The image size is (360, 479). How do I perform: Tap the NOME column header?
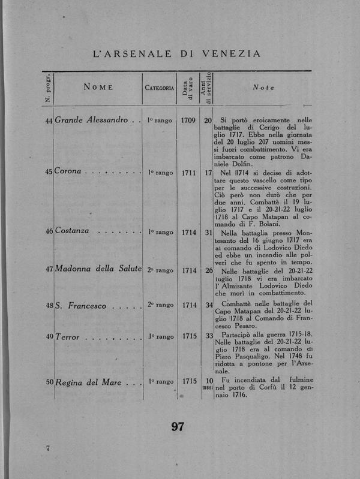98,88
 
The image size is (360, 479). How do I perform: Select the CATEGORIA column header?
160,88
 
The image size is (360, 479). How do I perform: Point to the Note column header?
263,88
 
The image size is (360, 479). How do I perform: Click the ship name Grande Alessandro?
91,120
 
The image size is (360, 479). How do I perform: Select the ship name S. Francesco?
80,306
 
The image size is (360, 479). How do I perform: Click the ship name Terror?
67,338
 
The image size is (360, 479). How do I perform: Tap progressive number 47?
49,270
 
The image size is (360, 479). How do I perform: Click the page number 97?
178,427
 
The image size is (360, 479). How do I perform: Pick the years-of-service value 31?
208,231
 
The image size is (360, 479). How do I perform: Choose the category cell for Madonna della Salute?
160,270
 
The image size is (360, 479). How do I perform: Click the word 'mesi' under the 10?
208,390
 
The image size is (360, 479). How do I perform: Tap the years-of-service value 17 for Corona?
208,173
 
